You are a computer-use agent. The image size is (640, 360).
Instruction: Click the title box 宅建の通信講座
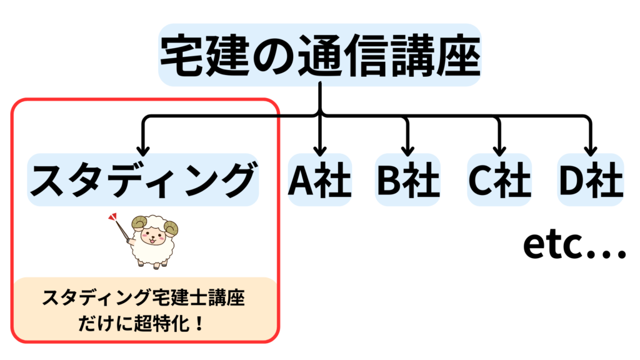point(319,55)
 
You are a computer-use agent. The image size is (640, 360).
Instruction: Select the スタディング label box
point(143,180)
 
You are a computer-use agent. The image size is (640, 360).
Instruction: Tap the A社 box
point(320,180)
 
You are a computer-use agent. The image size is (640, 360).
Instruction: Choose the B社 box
point(408,180)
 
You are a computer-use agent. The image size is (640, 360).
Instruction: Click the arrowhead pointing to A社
point(320,151)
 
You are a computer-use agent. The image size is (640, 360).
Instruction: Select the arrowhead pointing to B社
point(407,151)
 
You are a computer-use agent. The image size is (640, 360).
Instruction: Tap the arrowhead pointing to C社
point(499,151)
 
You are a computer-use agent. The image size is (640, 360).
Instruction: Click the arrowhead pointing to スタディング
point(143,151)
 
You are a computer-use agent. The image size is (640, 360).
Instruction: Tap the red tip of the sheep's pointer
point(112,218)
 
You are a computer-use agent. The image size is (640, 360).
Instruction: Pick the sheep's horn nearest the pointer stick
point(137,223)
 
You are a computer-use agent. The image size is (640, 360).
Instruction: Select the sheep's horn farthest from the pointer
point(171,227)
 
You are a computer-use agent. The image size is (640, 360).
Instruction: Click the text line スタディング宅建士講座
point(143,298)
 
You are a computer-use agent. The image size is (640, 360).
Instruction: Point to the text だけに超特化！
point(143,324)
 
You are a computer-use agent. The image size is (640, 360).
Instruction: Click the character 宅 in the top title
point(182,55)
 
